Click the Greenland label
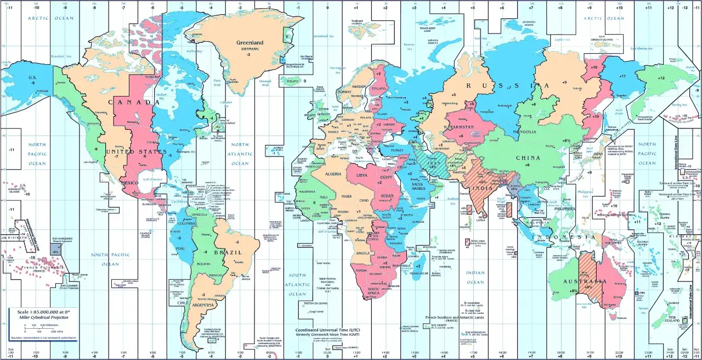coord(250,42)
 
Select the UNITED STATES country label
coord(128,151)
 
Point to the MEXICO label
coord(130,182)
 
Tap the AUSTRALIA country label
coord(587,282)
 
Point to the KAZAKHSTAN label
coord(462,126)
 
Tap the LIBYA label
coord(362,175)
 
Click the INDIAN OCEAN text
coord(475,277)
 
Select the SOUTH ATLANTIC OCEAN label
coord(297,284)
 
